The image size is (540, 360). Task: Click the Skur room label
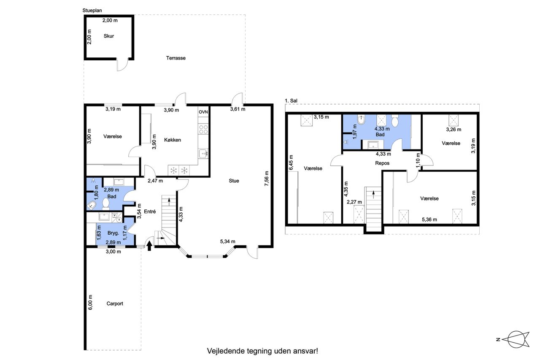pos(109,36)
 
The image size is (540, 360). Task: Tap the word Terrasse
pos(176,58)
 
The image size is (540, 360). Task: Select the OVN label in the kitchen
pos(203,112)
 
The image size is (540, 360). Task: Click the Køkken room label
pos(173,140)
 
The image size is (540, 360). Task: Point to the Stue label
pos(234,181)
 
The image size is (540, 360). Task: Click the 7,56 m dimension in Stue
pos(267,179)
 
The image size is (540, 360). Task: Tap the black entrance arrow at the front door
pos(149,246)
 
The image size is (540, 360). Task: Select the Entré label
pos(150,211)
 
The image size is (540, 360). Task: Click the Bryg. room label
pos(113,233)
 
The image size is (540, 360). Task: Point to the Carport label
pos(115,303)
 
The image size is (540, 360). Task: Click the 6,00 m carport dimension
pos(90,302)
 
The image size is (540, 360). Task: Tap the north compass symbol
pos(516,339)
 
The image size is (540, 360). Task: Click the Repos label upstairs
pos(382,163)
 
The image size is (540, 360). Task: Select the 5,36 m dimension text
pos(429,219)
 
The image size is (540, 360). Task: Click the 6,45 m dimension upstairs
pos(291,162)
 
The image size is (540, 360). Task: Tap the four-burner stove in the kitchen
pos(203,129)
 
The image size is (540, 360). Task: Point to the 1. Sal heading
pos(291,101)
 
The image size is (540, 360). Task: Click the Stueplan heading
pos(92,11)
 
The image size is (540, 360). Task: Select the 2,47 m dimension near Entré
pos(155,181)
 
